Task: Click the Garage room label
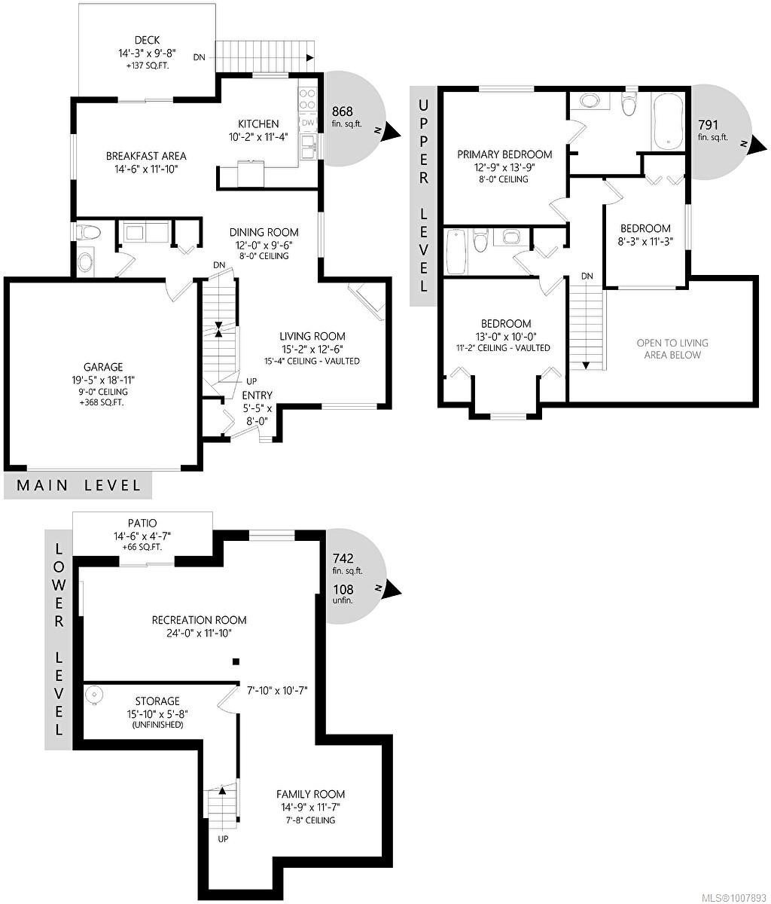[x=103, y=367]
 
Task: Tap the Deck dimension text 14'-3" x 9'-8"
[x=147, y=53]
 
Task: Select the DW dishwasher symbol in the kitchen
[x=308, y=123]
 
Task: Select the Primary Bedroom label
[x=504, y=154]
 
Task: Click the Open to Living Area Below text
[x=672, y=349]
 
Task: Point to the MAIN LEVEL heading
[x=78, y=485]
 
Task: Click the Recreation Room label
[x=199, y=620]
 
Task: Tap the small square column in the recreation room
[x=236, y=661]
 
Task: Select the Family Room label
[x=310, y=794]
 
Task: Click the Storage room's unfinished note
[x=157, y=725]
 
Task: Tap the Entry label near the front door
[x=257, y=395]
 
